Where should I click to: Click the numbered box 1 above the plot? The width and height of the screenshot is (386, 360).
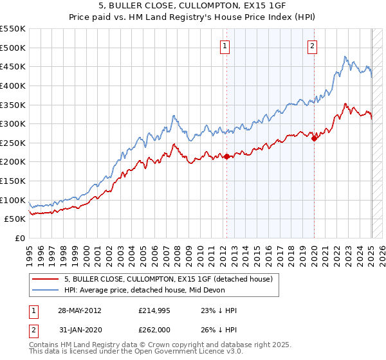click(x=225, y=46)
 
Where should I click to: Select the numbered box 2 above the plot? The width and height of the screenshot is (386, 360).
click(x=312, y=46)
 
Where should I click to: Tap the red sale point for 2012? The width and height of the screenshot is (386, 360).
click(x=226, y=156)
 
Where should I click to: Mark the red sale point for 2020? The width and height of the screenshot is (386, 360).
click(x=314, y=138)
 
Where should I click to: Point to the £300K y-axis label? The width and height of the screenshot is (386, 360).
click(x=14, y=123)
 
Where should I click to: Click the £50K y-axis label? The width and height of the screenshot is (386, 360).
click(x=16, y=219)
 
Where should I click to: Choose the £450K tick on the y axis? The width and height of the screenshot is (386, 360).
click(x=14, y=66)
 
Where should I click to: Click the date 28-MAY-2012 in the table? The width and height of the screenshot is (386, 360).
click(x=80, y=310)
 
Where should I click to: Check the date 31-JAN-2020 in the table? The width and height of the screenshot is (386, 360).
click(x=80, y=331)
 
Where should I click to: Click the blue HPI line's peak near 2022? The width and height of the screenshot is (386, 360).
click(x=345, y=57)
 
